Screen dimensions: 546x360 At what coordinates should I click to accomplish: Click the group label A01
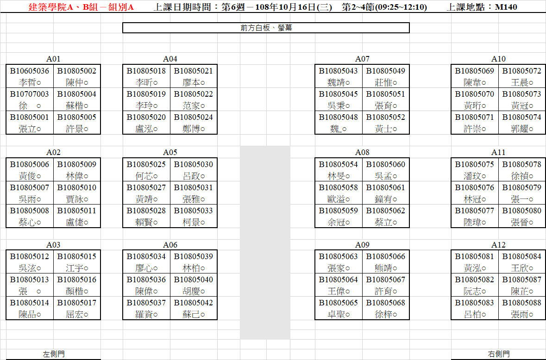pyautogui.click(x=53, y=59)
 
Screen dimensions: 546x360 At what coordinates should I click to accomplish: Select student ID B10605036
pyautogui.click(x=30, y=71)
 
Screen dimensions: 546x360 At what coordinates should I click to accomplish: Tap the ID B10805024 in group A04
pyautogui.click(x=194, y=117)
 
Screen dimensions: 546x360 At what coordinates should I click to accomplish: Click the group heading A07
pyautogui.click(x=362, y=59)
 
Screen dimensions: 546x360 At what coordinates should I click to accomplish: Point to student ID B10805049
pyautogui.click(x=385, y=71)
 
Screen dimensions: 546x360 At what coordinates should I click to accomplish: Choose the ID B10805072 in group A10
pyautogui.click(x=521, y=71)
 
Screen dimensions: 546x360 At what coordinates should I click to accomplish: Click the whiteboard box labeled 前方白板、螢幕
pyautogui.click(x=266, y=28)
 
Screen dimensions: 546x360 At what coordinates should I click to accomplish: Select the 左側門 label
pyautogui.click(x=54, y=354)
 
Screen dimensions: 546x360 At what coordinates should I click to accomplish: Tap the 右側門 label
pyautogui.click(x=499, y=354)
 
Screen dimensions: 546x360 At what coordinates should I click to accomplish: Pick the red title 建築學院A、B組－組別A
pyautogui.click(x=81, y=7)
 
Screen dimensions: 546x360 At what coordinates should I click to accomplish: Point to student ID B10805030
pyautogui.click(x=194, y=165)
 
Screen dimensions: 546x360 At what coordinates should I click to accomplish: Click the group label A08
pyautogui.click(x=362, y=152)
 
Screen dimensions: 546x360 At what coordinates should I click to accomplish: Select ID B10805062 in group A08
pyautogui.click(x=385, y=211)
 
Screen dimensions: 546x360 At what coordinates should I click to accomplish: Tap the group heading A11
pyautogui.click(x=498, y=152)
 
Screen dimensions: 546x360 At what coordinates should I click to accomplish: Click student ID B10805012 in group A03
pyautogui.click(x=30, y=257)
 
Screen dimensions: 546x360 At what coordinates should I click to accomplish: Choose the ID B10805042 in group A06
pyautogui.click(x=194, y=303)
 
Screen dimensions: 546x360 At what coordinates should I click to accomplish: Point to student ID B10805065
pyautogui.click(x=339, y=303)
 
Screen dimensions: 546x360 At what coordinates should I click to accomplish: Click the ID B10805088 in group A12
pyautogui.click(x=521, y=303)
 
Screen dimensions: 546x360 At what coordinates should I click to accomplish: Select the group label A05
pyautogui.click(x=170, y=152)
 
